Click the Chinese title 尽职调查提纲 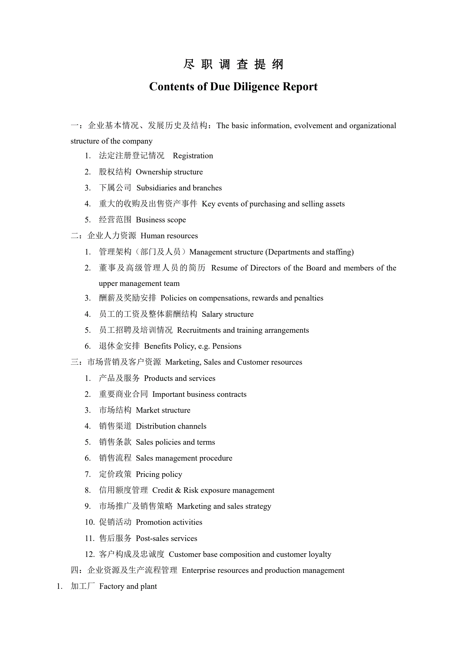tap(233, 64)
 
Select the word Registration tap(193, 156)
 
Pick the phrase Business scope tap(161, 220)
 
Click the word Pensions tap(227, 346)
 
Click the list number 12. tap(89, 554)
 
